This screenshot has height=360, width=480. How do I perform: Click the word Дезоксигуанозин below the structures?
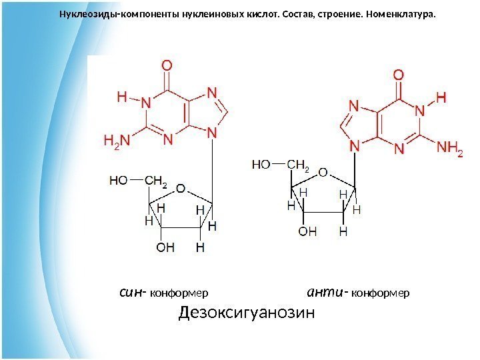coord(246,313)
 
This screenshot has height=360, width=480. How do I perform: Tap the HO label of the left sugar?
coord(119,179)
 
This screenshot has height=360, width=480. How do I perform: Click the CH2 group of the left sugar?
coord(155,180)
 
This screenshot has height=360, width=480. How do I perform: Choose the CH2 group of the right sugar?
coord(298,163)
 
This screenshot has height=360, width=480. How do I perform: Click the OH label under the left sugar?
coord(165,247)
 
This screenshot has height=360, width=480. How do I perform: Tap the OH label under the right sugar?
coord(307,231)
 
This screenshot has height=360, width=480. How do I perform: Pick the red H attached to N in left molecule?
coord(122,97)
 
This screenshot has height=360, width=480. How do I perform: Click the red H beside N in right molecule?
coord(440,97)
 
